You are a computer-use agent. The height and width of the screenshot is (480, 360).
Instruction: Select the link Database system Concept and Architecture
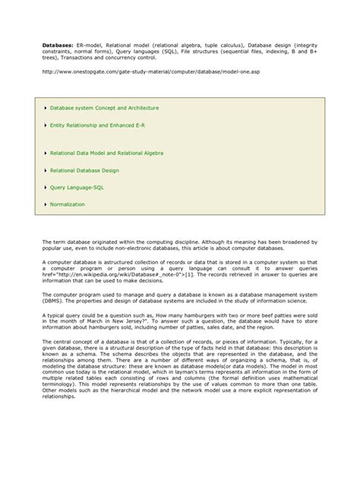click(x=99, y=109)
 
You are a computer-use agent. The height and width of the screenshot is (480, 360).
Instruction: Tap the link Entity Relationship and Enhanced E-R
click(x=96, y=125)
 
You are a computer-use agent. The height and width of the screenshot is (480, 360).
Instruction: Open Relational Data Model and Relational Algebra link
click(x=107, y=153)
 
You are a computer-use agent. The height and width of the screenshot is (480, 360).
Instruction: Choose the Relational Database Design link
click(x=84, y=169)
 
